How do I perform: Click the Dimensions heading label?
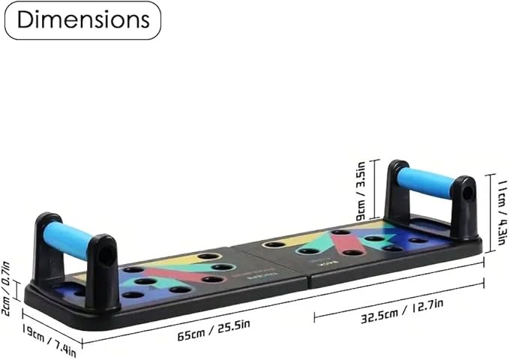pos(82,20)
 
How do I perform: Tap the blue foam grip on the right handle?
pos(425,182)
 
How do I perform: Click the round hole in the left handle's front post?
pos(106,255)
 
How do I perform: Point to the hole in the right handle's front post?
pos(466,193)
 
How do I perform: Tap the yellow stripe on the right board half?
pos(300,238)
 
